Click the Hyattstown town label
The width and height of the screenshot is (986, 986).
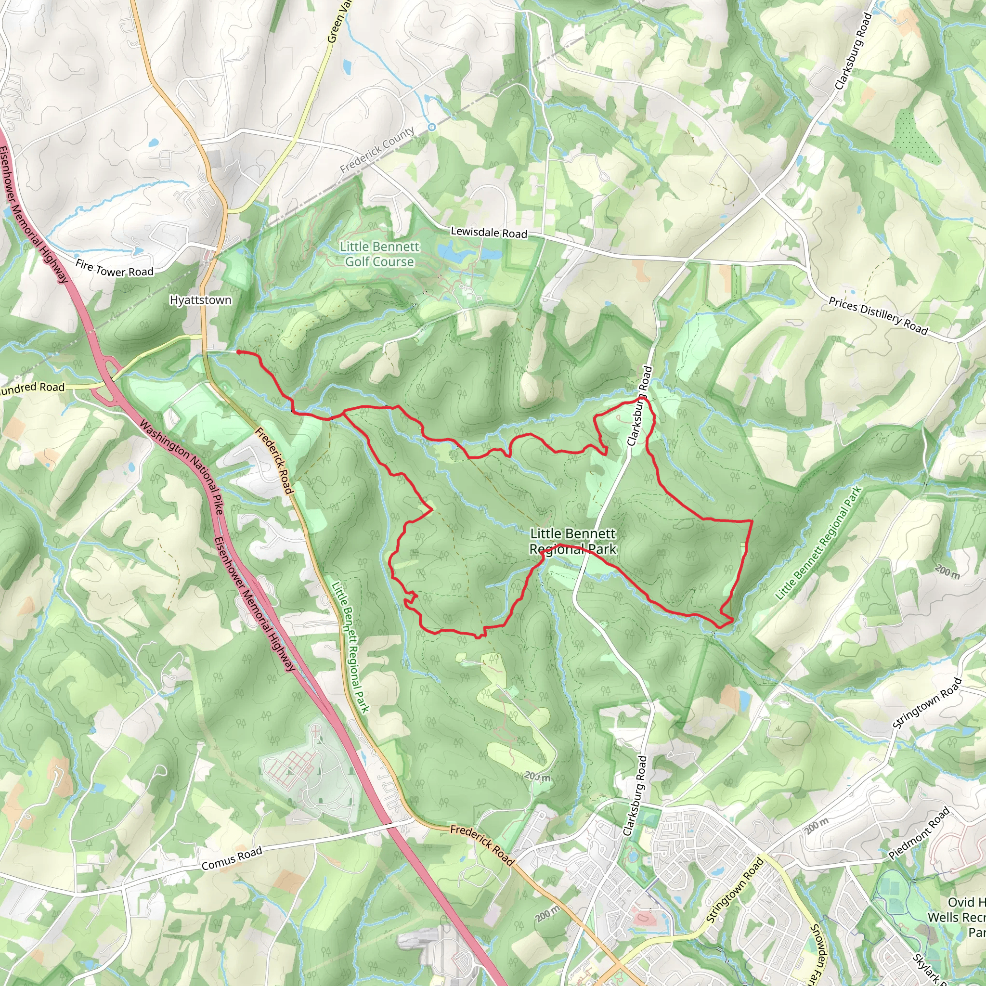click(x=200, y=300)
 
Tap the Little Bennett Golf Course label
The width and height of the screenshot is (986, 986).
click(x=379, y=254)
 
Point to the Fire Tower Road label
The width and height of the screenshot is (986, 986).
click(x=114, y=269)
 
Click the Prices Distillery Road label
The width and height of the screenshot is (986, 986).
click(x=878, y=316)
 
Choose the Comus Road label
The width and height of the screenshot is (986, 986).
click(x=232, y=858)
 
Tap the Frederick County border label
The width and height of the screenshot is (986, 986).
click(x=377, y=150)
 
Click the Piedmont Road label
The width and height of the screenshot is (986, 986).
click(x=919, y=833)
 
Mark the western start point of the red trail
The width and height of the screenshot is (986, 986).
click(x=238, y=352)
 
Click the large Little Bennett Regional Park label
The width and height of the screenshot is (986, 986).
click(x=572, y=542)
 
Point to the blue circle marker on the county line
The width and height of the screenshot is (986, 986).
click(x=432, y=127)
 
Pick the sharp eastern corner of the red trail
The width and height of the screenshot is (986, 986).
click(x=751, y=521)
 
